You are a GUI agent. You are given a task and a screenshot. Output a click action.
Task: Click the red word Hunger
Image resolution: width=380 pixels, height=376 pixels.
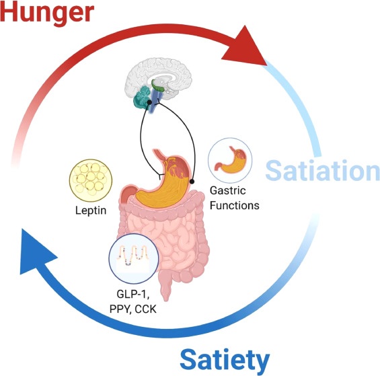[47, 12]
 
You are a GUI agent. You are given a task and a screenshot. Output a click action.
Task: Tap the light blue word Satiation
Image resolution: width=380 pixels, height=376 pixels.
[323, 171]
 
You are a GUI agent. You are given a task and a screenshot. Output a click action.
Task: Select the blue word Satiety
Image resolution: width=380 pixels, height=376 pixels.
[225, 361]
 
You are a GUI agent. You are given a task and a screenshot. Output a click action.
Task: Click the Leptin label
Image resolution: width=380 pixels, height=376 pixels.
[91, 210]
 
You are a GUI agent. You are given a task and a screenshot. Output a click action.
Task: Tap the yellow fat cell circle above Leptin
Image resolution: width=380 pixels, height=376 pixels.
[91, 180]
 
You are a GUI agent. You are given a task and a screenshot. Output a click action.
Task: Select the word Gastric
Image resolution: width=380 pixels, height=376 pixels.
[227, 190]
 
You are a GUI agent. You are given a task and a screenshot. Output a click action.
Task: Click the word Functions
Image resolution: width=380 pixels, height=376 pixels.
[234, 205]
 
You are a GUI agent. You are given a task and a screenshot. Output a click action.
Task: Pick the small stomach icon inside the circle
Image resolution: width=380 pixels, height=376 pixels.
[230, 160]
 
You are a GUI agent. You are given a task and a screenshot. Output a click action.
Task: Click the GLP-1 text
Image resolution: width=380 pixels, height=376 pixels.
[132, 295]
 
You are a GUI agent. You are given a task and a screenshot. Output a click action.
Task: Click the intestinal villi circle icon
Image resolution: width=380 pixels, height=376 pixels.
[134, 258]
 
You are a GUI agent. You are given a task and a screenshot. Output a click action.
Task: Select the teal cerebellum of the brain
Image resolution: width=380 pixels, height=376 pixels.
[143, 97]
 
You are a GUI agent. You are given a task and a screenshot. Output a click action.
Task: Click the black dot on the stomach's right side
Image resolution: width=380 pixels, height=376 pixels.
[192, 181]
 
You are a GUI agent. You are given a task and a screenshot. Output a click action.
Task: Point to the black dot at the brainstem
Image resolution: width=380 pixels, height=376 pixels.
[149, 102]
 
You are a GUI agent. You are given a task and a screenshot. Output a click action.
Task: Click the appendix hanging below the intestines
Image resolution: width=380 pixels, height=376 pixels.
[165, 287]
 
